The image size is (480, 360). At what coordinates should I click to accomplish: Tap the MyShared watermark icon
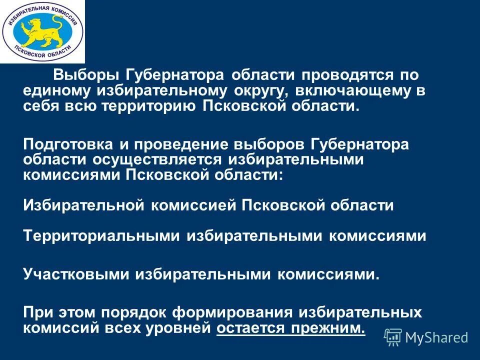393,337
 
